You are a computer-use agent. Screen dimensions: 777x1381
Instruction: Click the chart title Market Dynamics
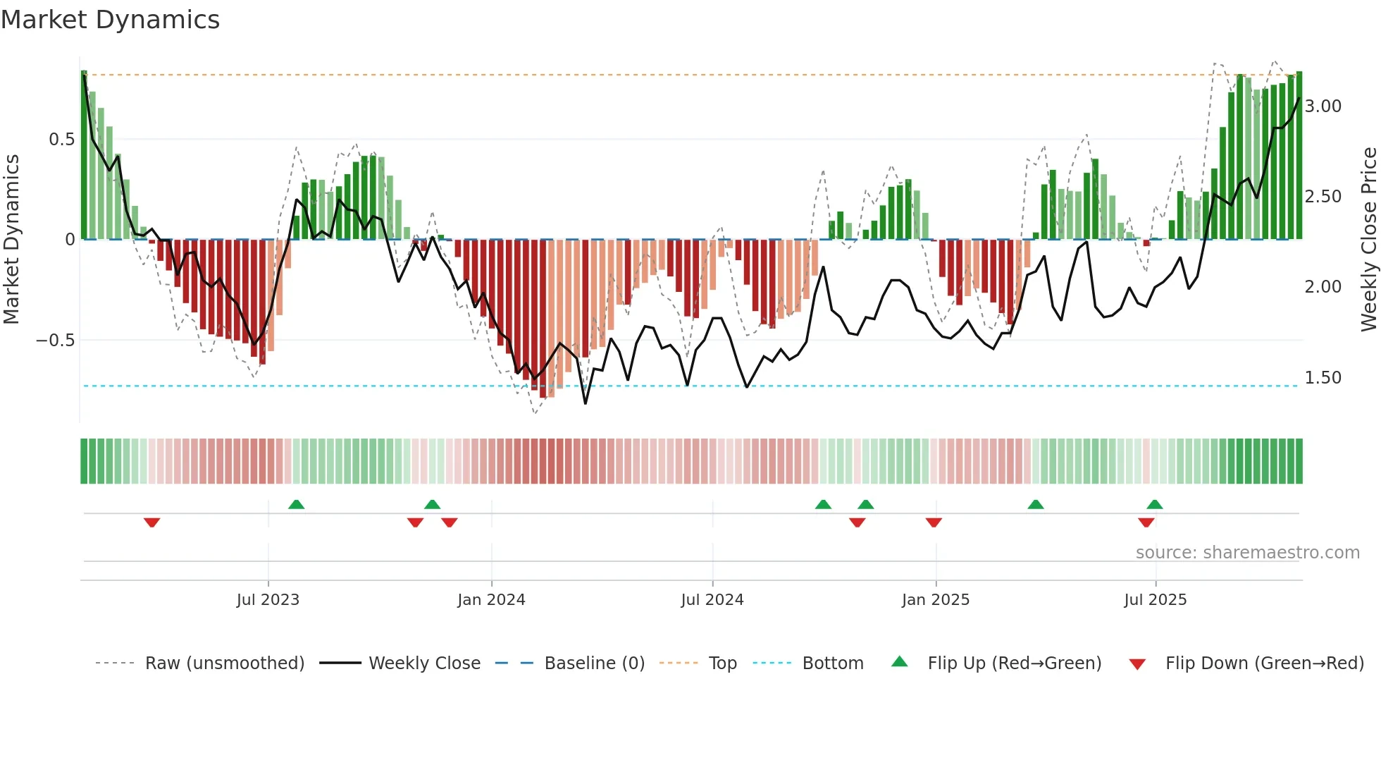click(110, 20)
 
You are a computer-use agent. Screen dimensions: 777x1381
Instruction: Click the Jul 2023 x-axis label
click(268, 600)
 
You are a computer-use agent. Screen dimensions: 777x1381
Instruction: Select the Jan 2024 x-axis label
click(491, 600)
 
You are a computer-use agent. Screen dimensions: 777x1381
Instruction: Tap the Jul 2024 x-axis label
click(712, 600)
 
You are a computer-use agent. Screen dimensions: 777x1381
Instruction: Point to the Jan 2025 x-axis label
click(936, 600)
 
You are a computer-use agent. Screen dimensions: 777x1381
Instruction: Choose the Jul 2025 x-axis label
click(1156, 600)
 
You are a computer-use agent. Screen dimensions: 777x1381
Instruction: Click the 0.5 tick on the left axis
click(62, 140)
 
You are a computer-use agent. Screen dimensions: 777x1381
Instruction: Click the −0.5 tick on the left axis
click(56, 341)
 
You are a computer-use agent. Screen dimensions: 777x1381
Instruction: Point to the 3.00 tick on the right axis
click(1323, 106)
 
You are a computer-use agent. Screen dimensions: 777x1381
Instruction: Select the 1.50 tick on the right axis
click(1323, 378)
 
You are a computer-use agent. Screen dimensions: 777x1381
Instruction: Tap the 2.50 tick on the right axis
click(1323, 197)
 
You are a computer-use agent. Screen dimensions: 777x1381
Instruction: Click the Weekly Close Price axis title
click(1368, 240)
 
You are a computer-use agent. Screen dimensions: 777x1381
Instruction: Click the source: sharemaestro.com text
click(1247, 553)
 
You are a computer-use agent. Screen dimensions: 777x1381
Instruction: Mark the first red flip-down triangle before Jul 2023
click(151, 522)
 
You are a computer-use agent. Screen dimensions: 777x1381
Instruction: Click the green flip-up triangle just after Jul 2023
click(296, 504)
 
